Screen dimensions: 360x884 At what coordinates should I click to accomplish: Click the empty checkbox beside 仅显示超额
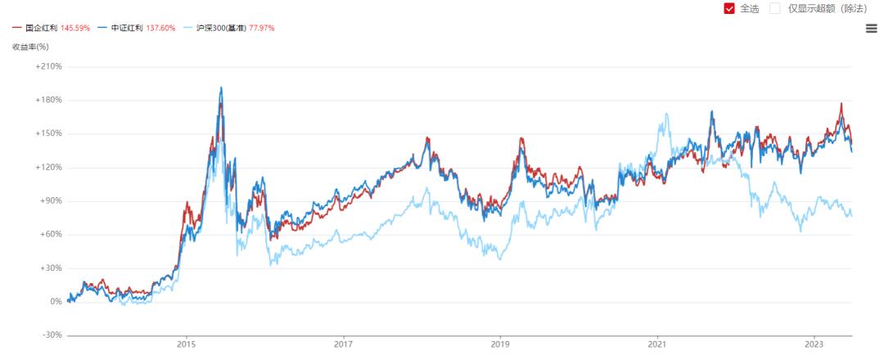774,8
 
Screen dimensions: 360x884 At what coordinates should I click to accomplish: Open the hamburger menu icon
871,28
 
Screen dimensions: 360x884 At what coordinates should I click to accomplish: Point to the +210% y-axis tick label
48,66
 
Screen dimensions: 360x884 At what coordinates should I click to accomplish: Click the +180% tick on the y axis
48,100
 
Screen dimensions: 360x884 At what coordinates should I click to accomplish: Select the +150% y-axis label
48,133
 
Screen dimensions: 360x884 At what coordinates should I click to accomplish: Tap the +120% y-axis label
48,167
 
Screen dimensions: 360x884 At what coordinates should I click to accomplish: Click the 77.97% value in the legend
259,28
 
